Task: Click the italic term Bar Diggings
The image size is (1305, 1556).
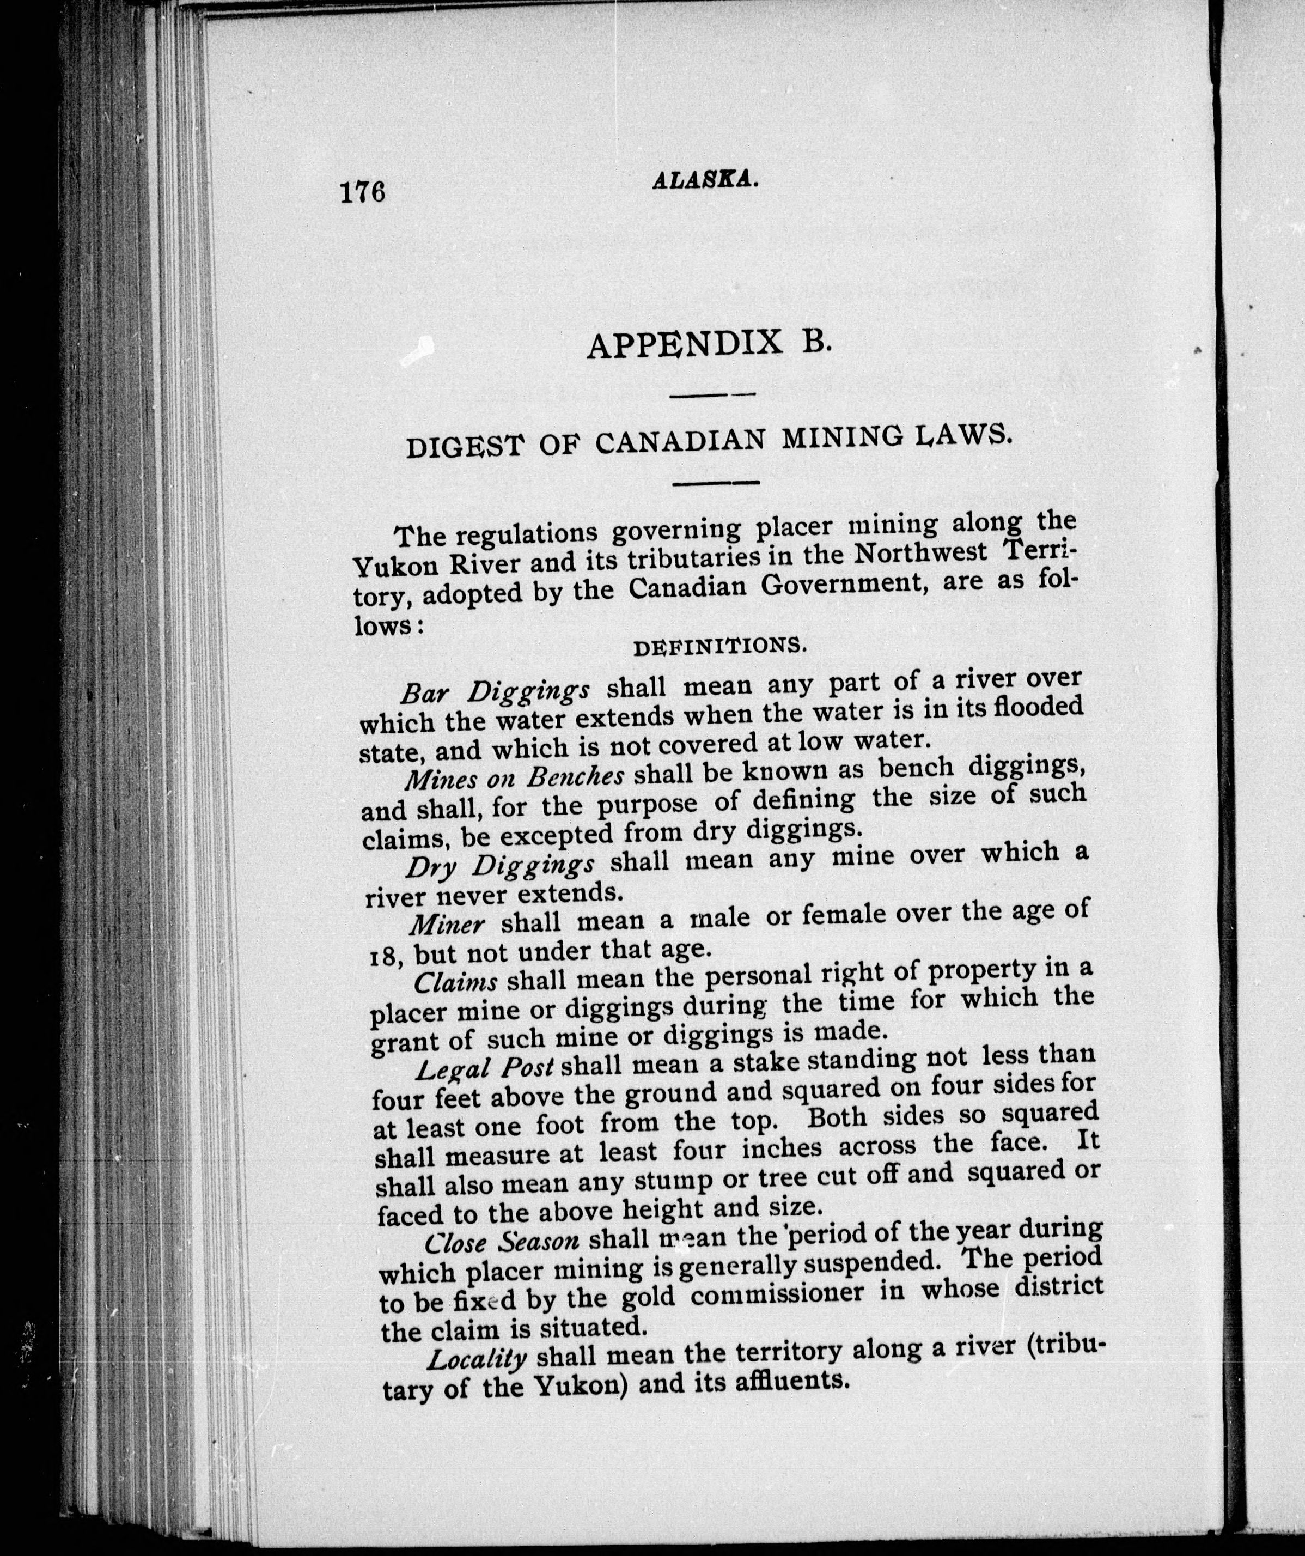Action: [495, 691]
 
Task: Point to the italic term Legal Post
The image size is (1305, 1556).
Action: [484, 1069]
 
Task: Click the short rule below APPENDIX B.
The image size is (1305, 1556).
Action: [711, 397]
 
